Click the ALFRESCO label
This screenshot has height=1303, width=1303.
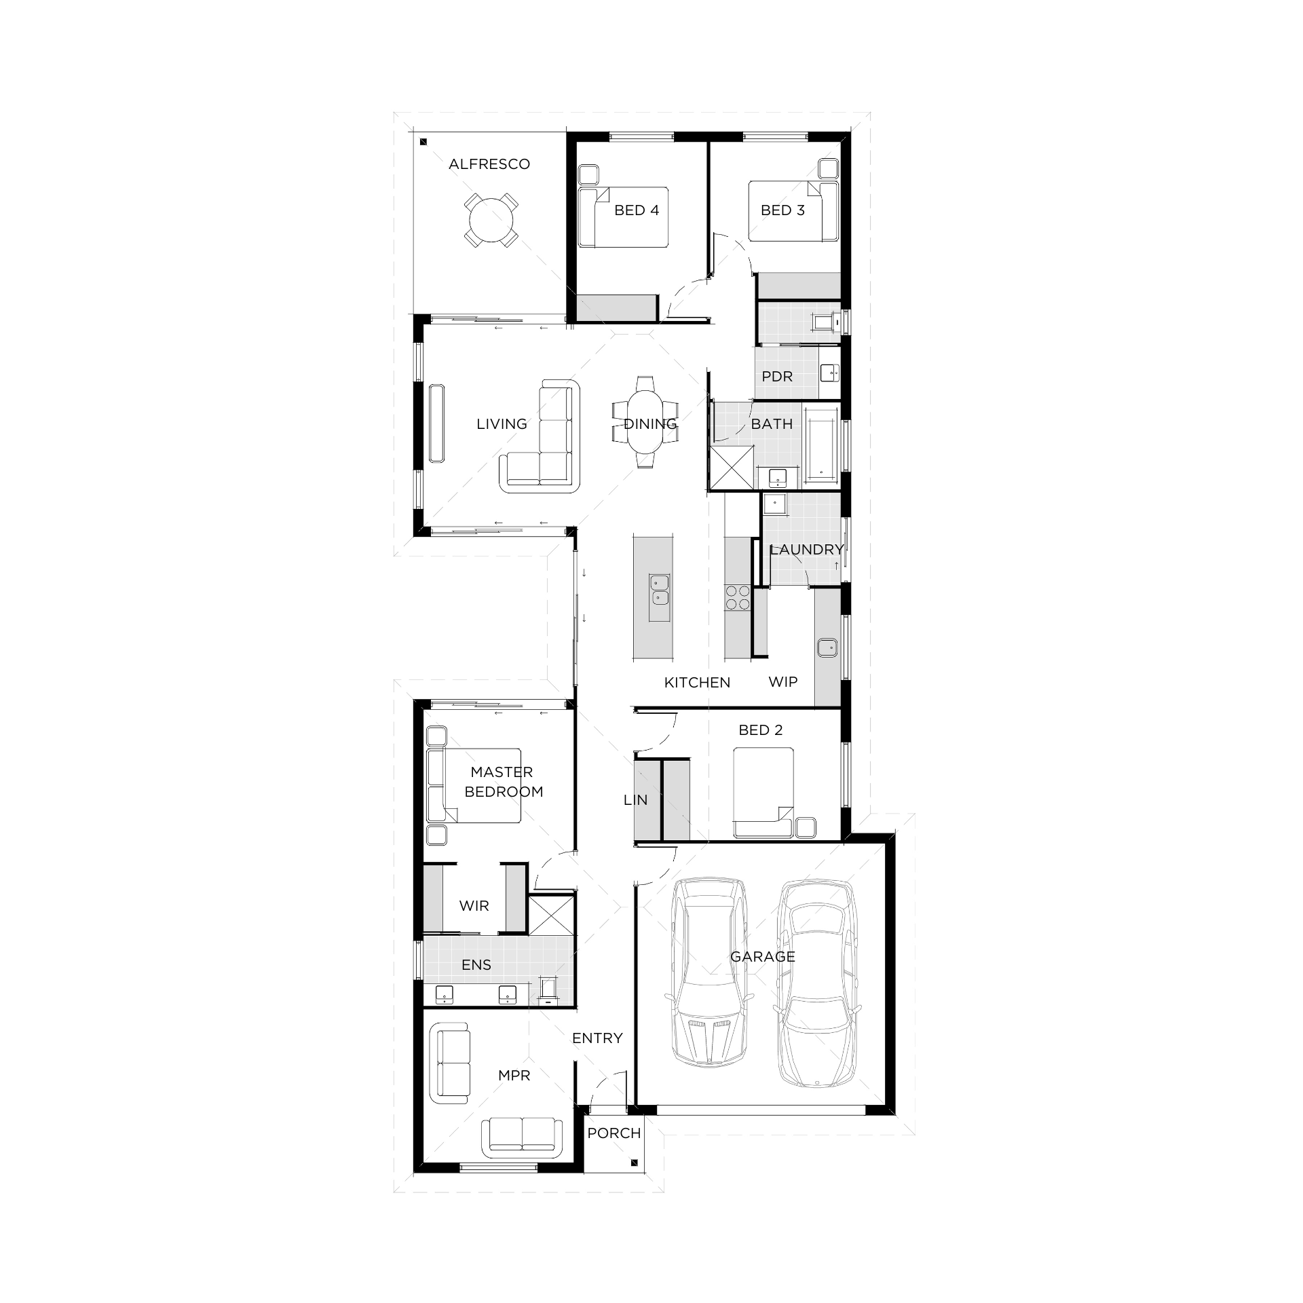point(489,164)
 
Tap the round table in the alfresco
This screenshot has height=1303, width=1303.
point(489,220)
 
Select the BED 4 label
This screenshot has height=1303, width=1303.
point(637,210)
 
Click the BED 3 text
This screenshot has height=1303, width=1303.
point(782,210)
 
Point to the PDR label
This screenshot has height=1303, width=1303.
point(777,376)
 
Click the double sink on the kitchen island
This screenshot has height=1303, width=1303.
point(659,590)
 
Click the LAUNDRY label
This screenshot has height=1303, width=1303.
point(806,549)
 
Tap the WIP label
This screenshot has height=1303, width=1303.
point(782,682)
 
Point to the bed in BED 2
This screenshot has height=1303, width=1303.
point(763,791)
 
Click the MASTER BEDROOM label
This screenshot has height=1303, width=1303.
point(503,782)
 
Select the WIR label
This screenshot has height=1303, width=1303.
point(474,906)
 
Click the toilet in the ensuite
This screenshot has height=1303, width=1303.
point(548,988)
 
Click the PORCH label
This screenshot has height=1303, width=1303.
point(613,1133)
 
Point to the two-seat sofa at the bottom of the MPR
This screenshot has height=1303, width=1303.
point(522,1137)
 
